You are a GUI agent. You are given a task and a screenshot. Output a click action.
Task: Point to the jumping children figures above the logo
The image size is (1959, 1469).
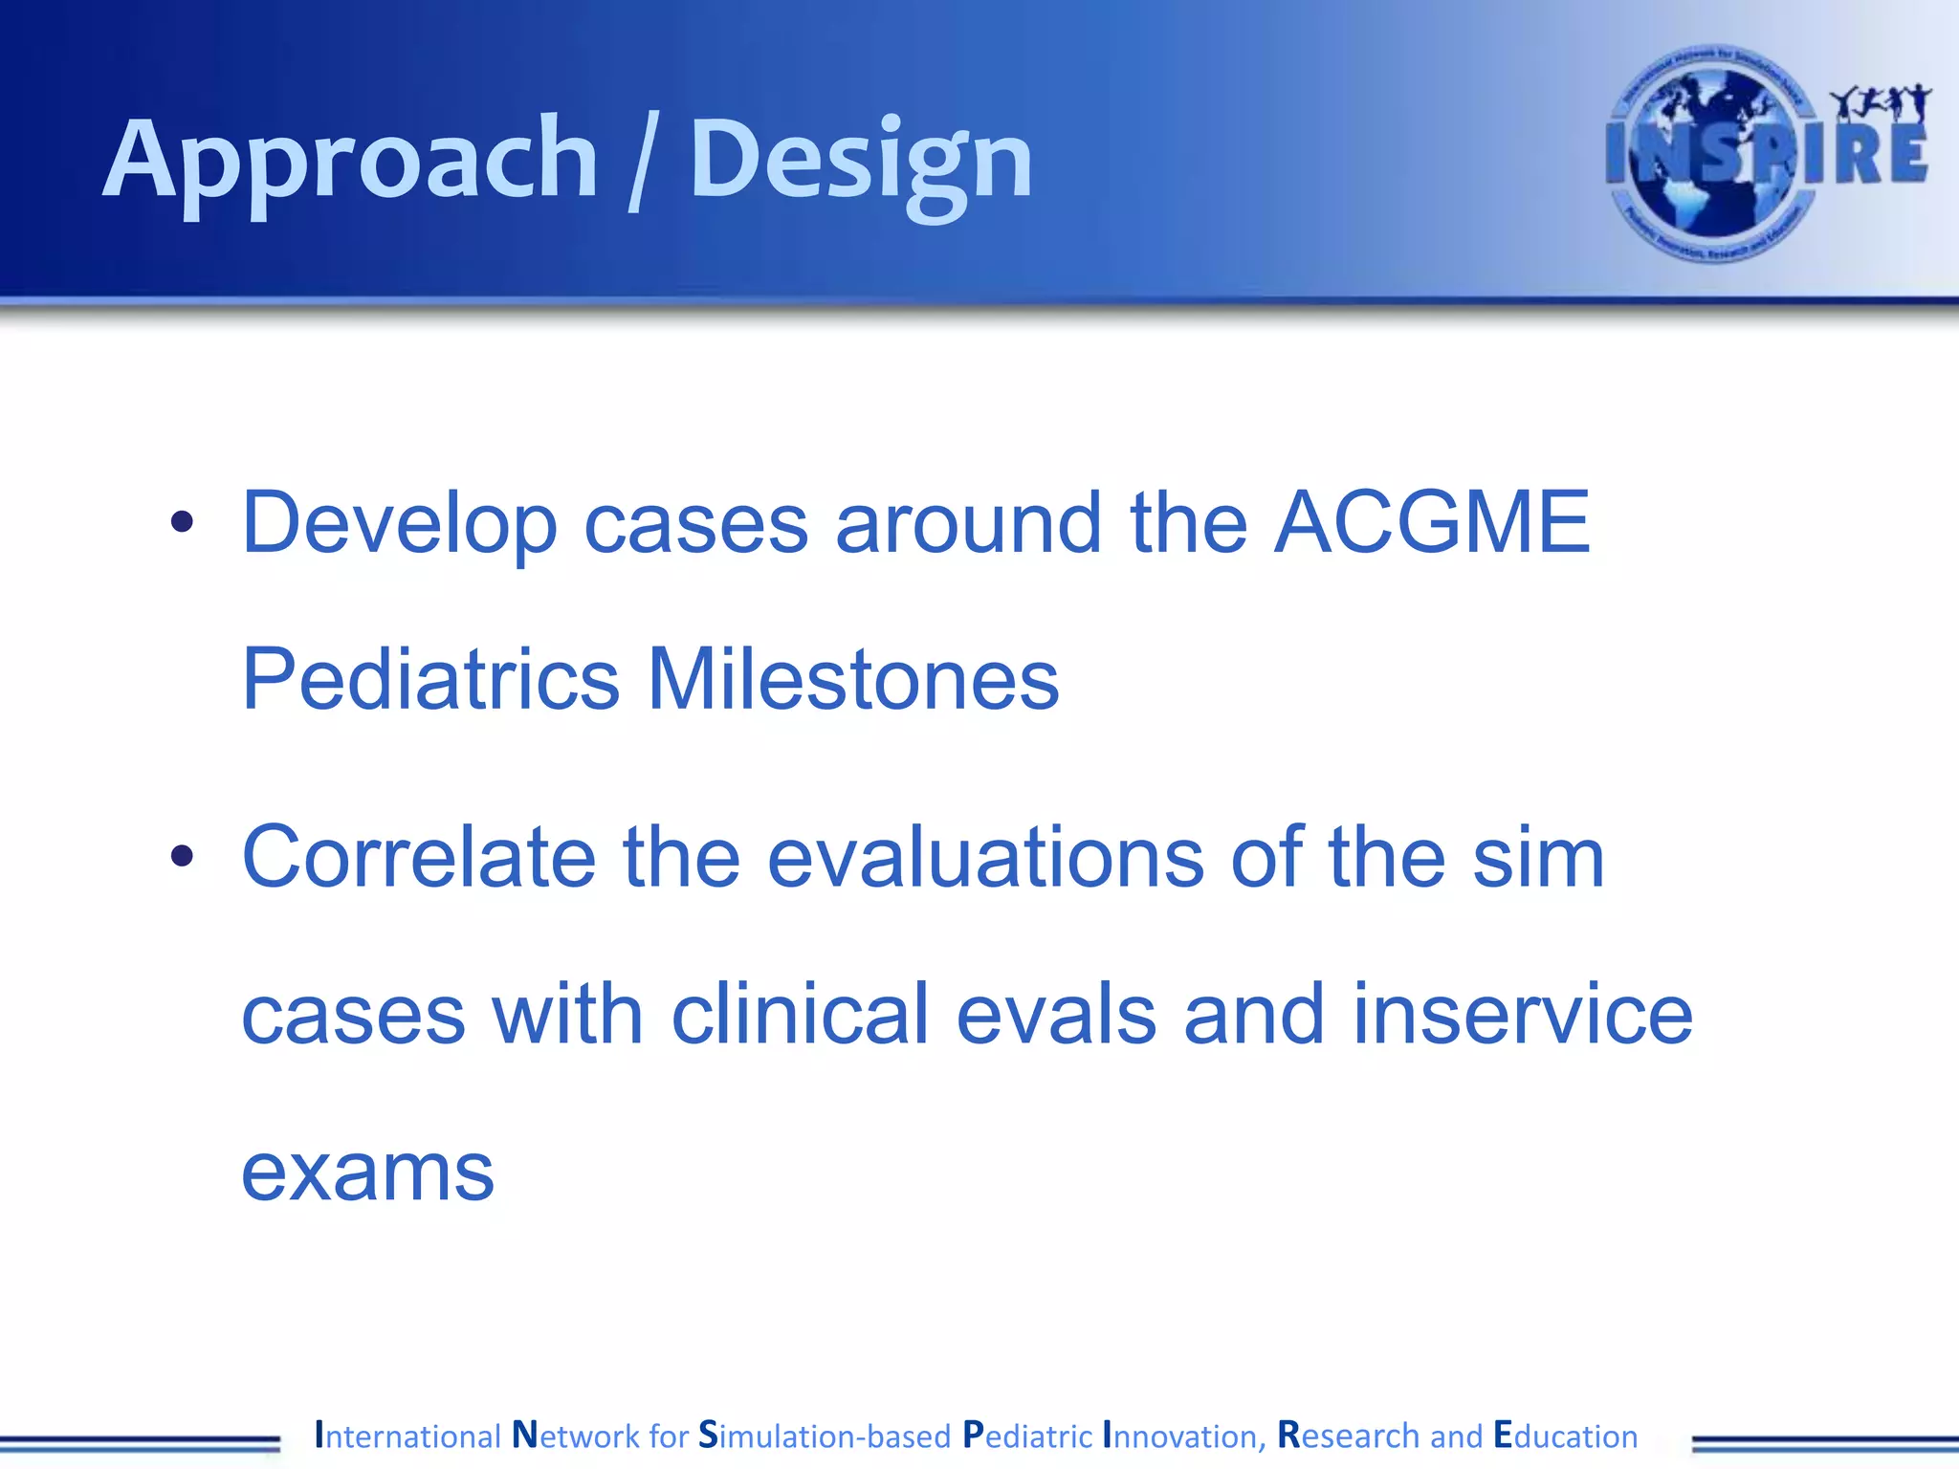pyautogui.click(x=1880, y=103)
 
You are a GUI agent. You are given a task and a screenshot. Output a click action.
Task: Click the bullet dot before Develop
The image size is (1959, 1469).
pyautogui.click(x=182, y=522)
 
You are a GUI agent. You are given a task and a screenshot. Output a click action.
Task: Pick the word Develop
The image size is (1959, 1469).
pyautogui.click(x=399, y=524)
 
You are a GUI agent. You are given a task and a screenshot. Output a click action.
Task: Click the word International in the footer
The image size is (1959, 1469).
pyautogui.click(x=407, y=1436)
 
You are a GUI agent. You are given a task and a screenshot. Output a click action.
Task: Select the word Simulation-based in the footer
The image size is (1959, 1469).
pyautogui.click(x=825, y=1436)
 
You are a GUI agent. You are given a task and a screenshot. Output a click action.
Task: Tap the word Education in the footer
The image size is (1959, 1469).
pyautogui.click(x=1565, y=1436)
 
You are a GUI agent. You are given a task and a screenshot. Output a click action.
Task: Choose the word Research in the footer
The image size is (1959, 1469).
pyautogui.click(x=1348, y=1436)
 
